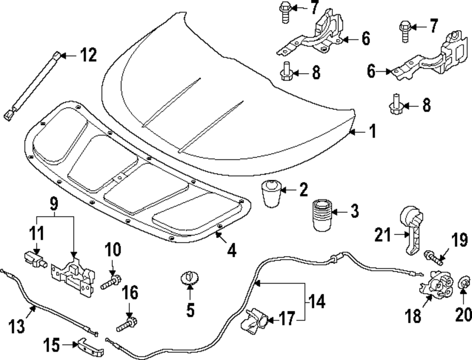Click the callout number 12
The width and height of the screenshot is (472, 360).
pyautogui.click(x=88, y=56)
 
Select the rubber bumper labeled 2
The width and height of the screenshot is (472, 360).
pyautogui.click(x=270, y=193)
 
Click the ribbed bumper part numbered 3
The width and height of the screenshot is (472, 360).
pyautogui.click(x=321, y=216)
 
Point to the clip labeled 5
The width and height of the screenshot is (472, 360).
pyautogui.click(x=189, y=277)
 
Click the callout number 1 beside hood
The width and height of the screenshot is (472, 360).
pyautogui.click(x=372, y=131)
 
